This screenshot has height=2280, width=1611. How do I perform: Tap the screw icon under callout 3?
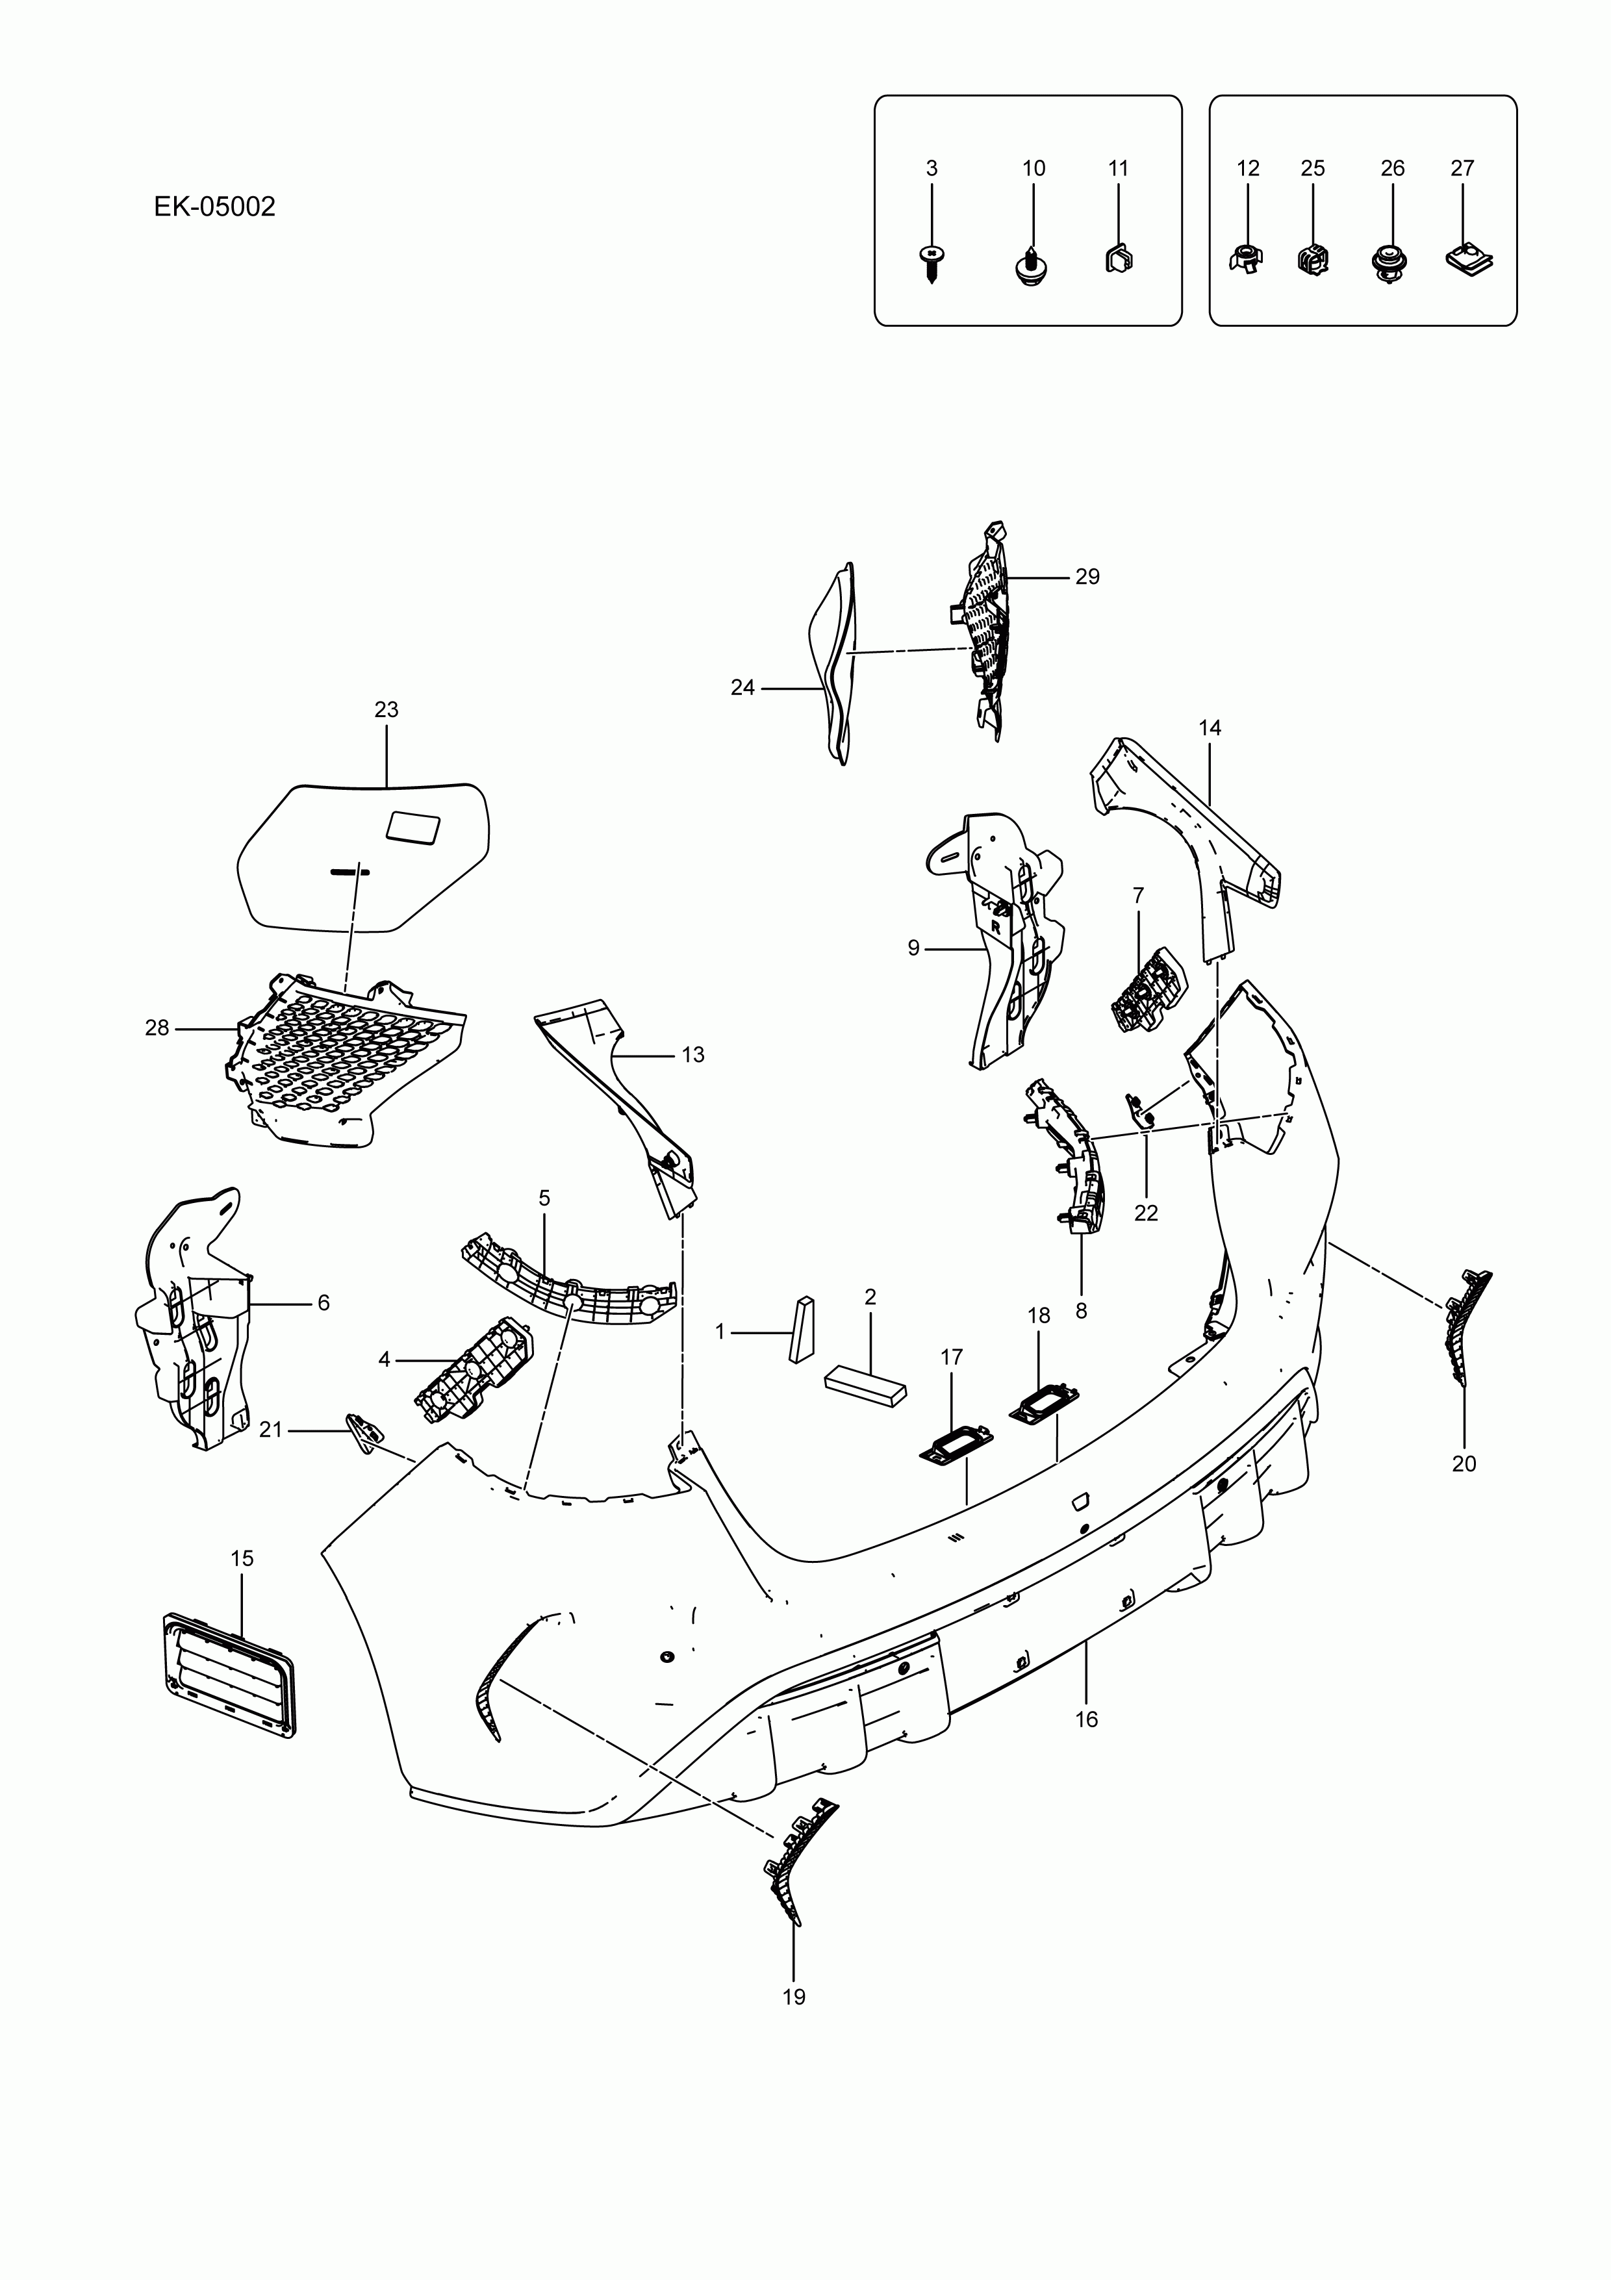(932, 261)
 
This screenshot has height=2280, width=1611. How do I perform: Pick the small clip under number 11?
(1119, 258)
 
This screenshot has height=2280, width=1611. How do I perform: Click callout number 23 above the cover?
(387, 710)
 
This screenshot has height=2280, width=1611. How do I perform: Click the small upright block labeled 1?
(802, 1328)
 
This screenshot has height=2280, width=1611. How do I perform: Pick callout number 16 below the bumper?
(1087, 1719)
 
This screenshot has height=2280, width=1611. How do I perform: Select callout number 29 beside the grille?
(1087, 577)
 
